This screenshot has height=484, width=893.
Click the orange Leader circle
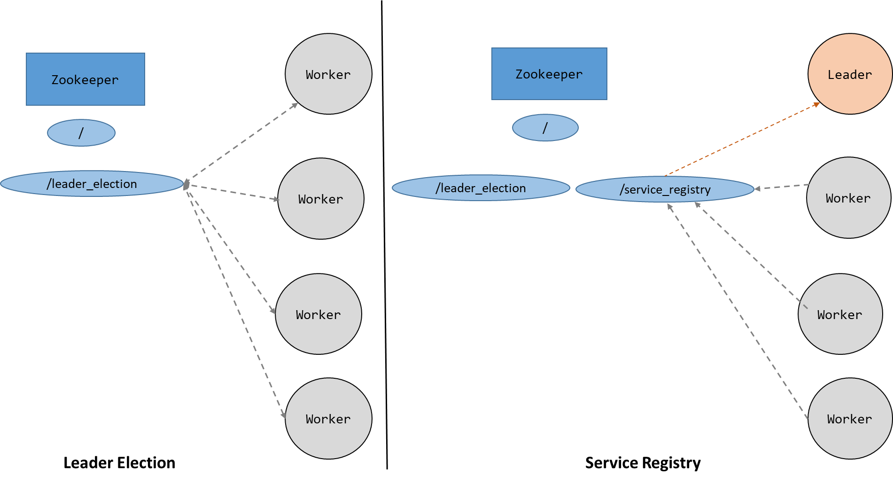(x=850, y=74)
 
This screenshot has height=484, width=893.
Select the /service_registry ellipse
(x=665, y=189)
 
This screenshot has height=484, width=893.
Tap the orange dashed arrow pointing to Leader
(x=742, y=140)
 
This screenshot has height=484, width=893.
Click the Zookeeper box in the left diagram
(x=85, y=79)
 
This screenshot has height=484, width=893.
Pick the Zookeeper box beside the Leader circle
(x=549, y=74)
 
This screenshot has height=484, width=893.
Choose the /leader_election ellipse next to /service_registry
(x=481, y=188)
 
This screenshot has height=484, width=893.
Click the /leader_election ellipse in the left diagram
(x=92, y=183)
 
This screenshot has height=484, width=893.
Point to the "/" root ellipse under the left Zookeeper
(x=81, y=133)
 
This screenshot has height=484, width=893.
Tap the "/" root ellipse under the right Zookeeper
(x=545, y=128)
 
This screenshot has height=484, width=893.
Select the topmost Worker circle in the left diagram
(x=328, y=74)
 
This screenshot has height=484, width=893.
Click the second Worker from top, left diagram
(x=321, y=199)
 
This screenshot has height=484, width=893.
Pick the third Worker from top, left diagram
(x=318, y=314)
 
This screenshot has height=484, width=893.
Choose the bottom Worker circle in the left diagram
(x=328, y=418)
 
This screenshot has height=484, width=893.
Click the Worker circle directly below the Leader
(x=848, y=198)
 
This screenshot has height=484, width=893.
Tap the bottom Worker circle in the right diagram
(x=850, y=418)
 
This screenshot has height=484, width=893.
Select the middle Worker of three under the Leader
(x=840, y=314)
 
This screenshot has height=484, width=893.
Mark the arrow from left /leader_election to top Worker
(x=242, y=141)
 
